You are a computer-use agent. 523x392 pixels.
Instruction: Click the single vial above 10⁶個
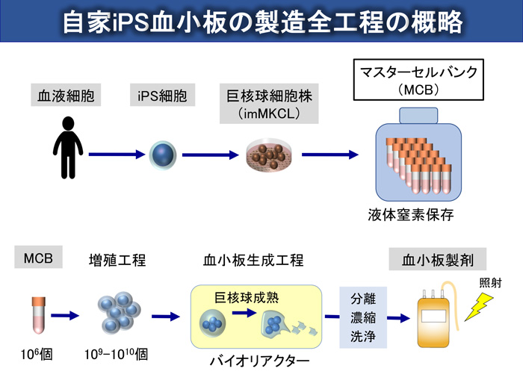(36, 314)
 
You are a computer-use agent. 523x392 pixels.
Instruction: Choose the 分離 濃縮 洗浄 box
(359, 317)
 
